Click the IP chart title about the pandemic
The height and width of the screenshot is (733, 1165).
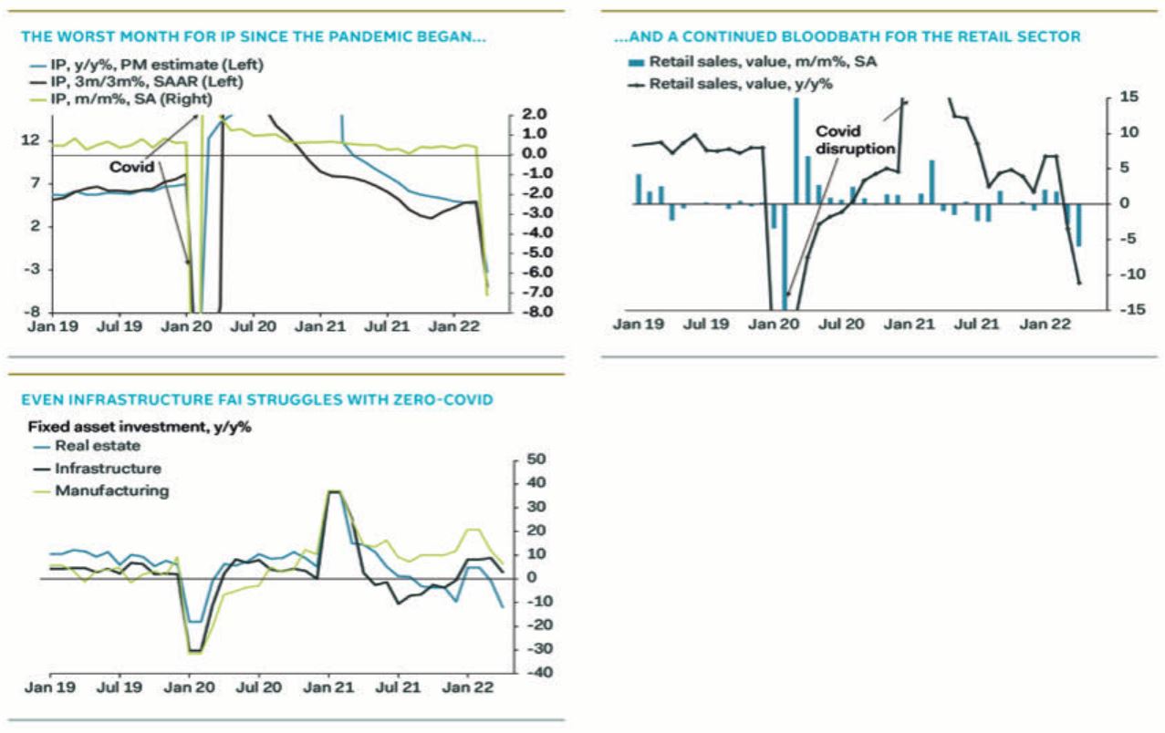pyautogui.click(x=254, y=37)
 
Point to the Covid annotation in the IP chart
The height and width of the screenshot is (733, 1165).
pyautogui.click(x=130, y=168)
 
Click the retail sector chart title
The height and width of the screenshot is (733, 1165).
pyautogui.click(x=848, y=37)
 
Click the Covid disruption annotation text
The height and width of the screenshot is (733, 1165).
pyautogui.click(x=855, y=139)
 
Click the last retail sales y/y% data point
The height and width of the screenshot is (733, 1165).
pyautogui.click(x=1079, y=284)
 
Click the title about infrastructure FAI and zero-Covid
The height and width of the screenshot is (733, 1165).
pyautogui.click(x=257, y=400)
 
